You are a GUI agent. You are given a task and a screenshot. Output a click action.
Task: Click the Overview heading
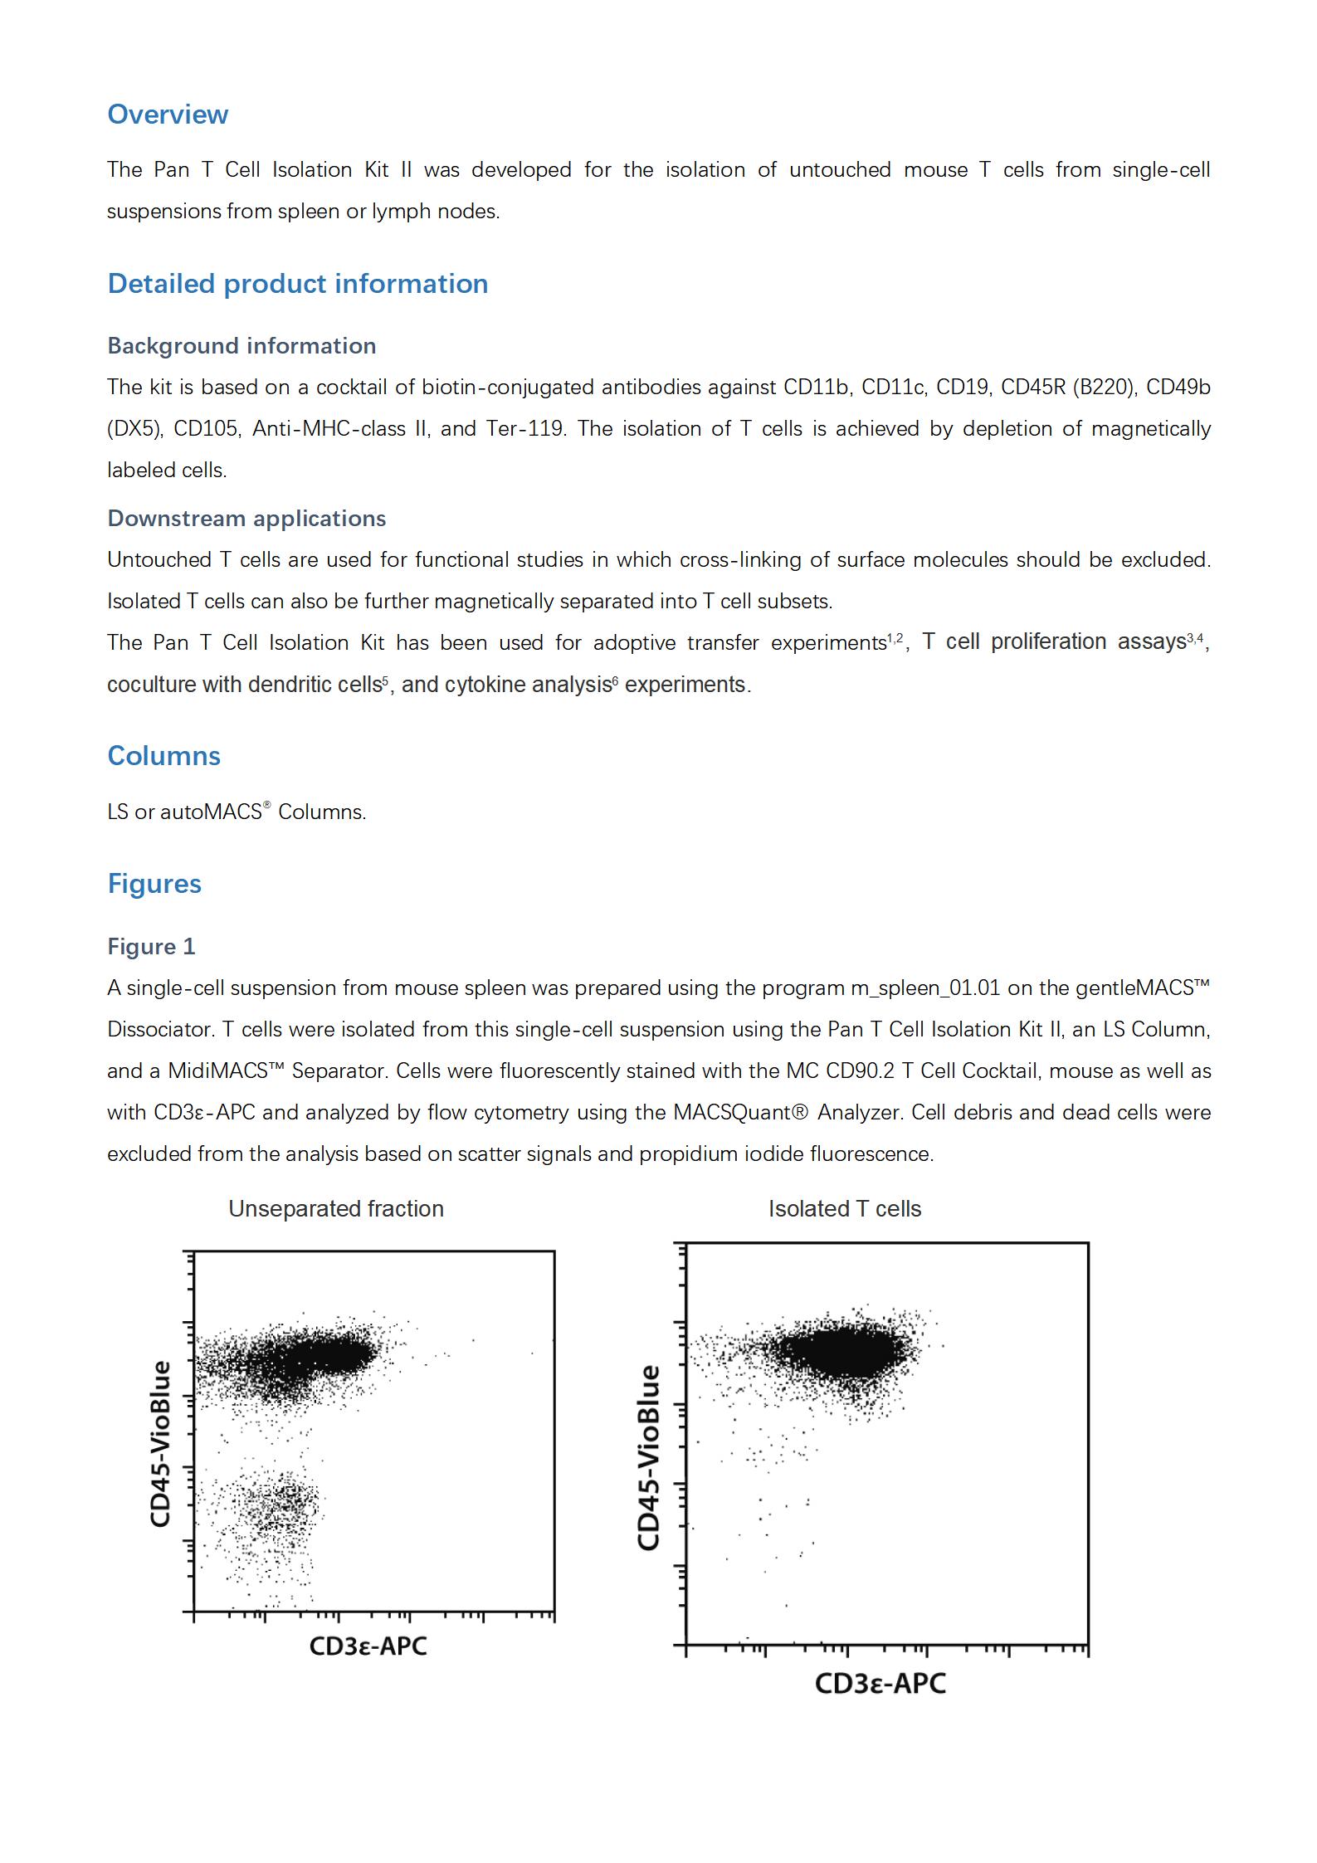coord(168,115)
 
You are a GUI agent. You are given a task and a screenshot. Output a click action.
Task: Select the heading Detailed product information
coord(297,284)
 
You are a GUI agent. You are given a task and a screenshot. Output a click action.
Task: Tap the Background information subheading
coord(241,345)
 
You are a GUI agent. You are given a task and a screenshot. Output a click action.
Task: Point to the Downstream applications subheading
coord(246,518)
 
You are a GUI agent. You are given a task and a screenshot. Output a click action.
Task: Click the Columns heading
coord(163,755)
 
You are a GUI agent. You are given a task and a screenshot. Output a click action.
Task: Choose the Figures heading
coord(154,883)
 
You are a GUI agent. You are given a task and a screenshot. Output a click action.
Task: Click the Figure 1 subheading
coord(151,946)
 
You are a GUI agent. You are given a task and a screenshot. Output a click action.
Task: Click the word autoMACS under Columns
coord(211,812)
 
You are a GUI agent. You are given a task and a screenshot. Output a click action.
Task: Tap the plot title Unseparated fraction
coord(336,1208)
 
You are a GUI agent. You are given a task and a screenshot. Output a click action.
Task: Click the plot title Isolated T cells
coord(844,1208)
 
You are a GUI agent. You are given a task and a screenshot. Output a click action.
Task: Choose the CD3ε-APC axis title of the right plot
coord(880,1683)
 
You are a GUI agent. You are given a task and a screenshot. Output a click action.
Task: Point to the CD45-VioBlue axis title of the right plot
coord(648,1457)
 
